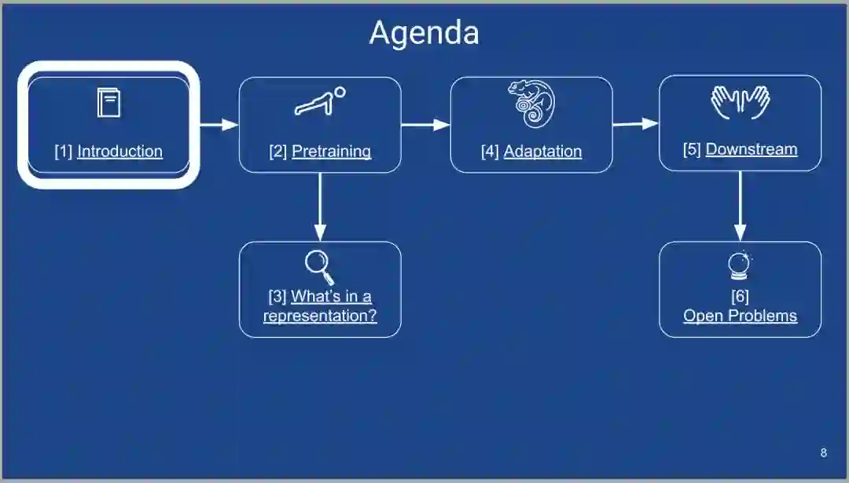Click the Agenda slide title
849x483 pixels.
tap(424, 33)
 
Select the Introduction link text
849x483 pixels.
tap(119, 152)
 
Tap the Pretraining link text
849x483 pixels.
tap(331, 152)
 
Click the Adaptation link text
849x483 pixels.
tap(542, 152)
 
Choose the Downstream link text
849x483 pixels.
tap(751, 149)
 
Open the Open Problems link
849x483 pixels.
tap(740, 316)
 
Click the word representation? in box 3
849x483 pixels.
tap(320, 316)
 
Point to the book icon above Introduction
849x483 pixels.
tap(108, 103)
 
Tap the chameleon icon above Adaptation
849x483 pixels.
tap(531, 104)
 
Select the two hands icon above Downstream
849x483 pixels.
tap(740, 102)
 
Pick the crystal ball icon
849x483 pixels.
tap(739, 266)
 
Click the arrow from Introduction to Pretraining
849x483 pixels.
tap(218, 124)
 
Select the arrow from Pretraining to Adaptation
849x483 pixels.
tap(425, 124)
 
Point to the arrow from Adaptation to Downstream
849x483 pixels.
tap(635, 123)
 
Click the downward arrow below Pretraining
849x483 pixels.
tap(319, 207)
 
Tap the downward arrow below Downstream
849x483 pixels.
tap(740, 207)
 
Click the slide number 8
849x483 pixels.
tap(823, 452)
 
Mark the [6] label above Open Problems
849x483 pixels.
tap(740, 296)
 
